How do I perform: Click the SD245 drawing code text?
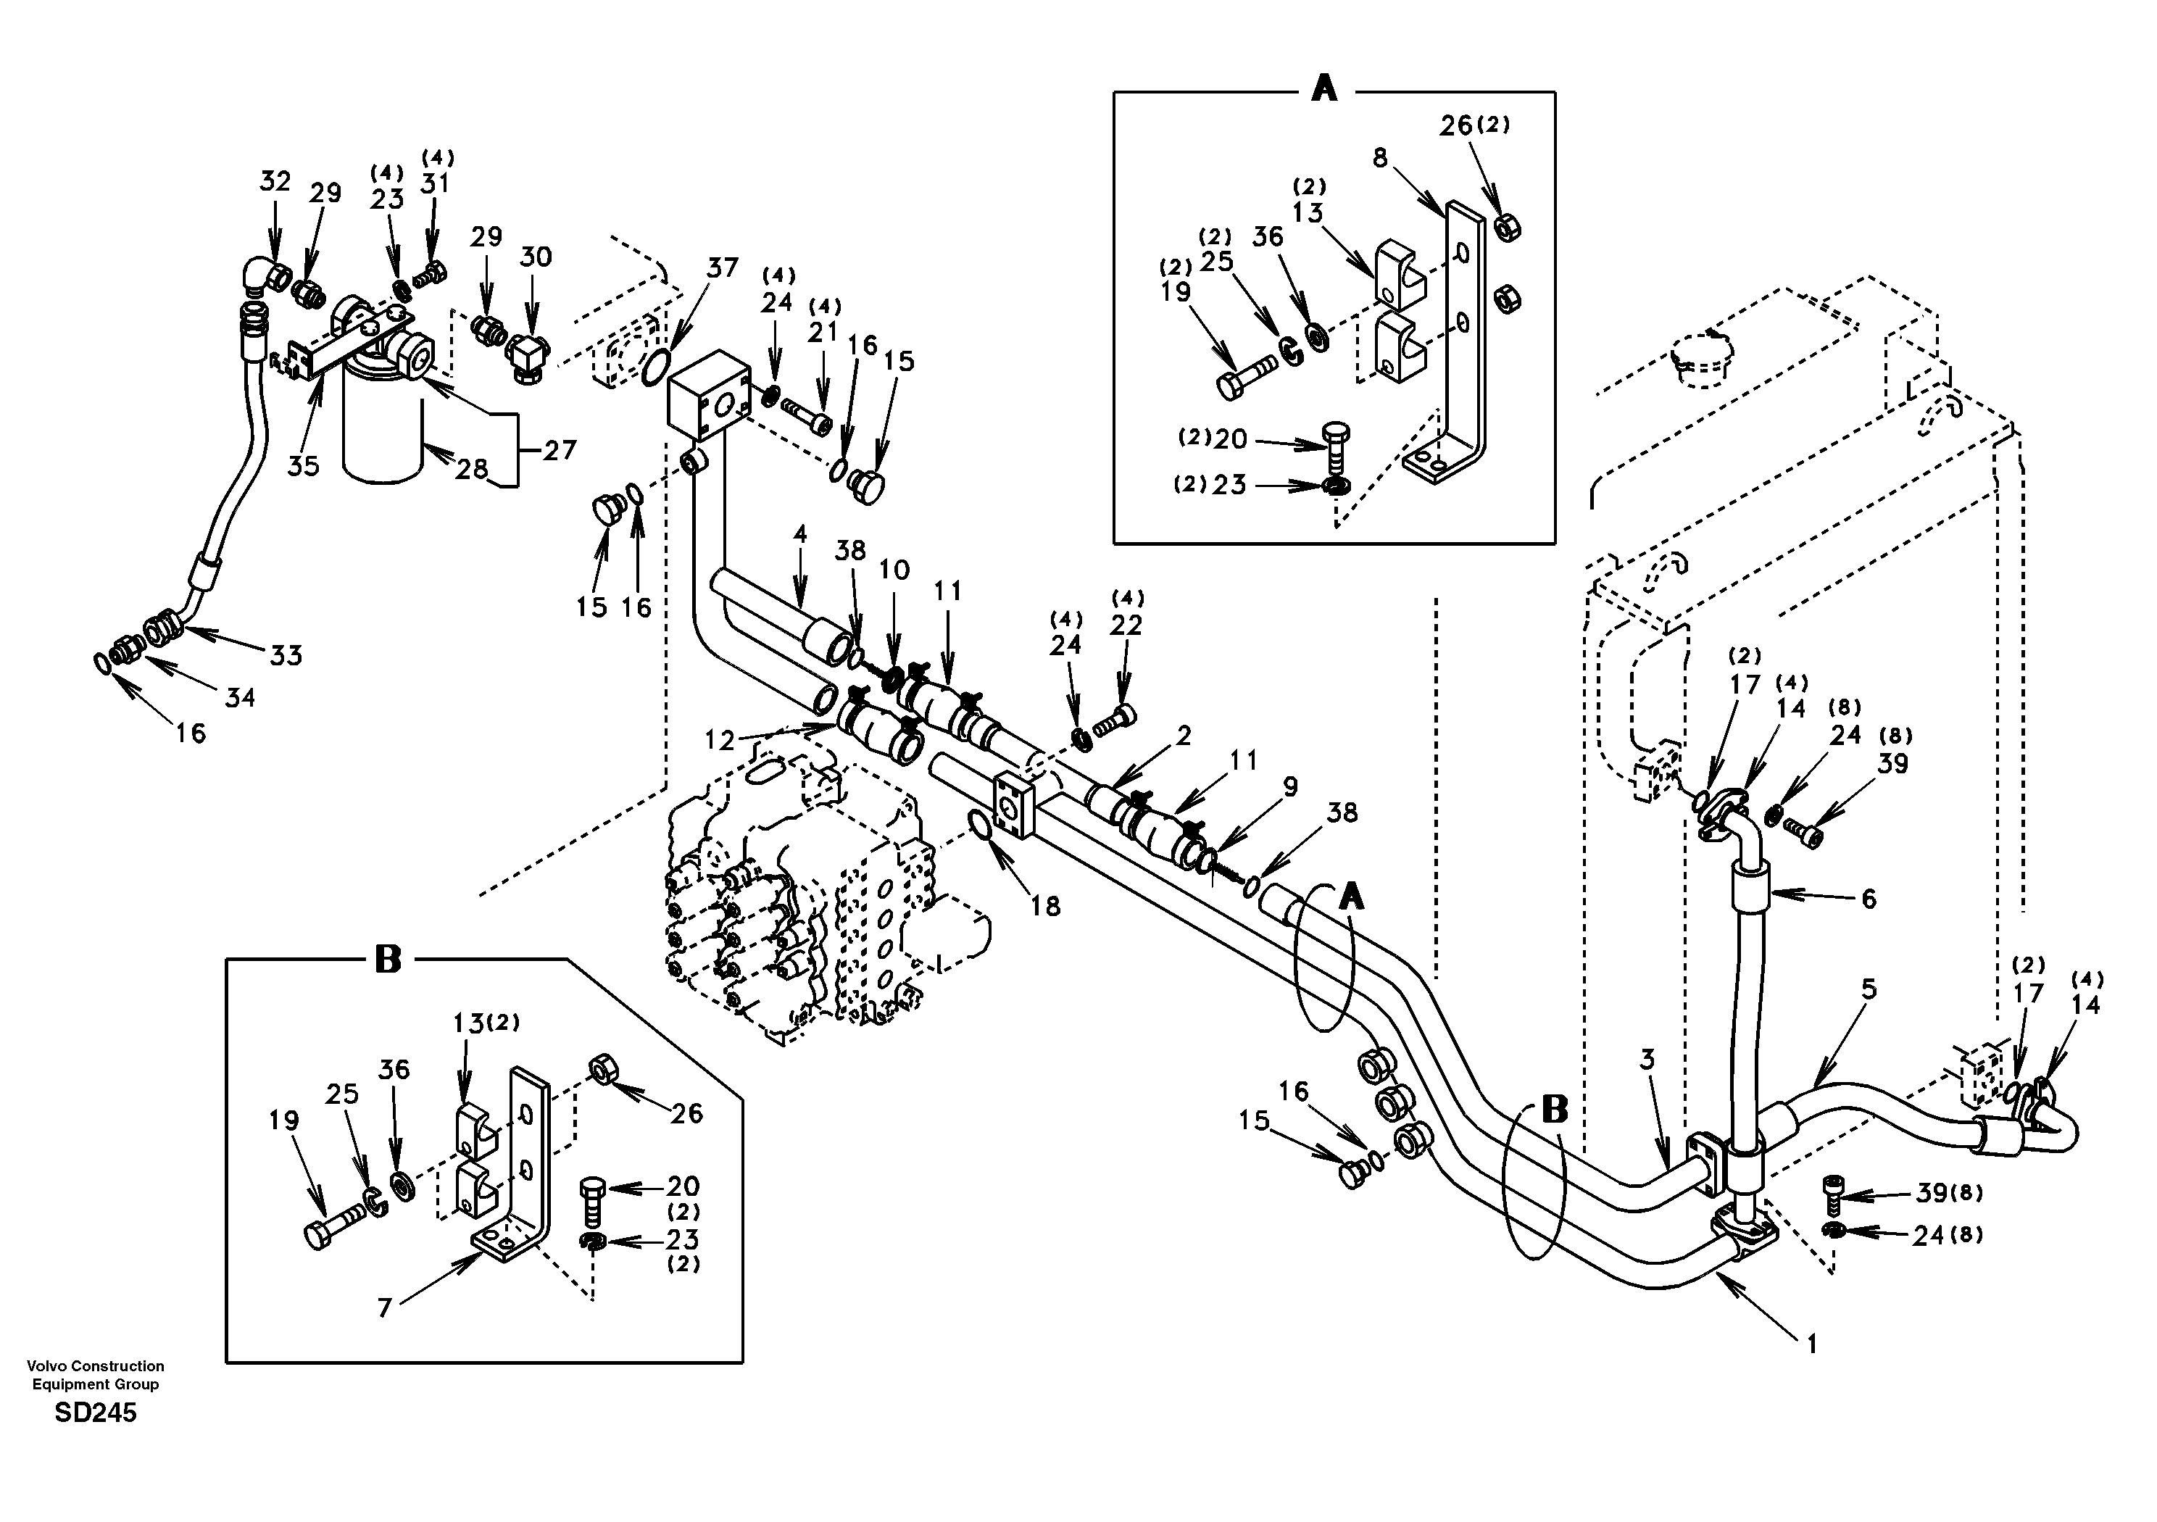tap(96, 1413)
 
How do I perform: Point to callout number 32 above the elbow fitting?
tap(275, 181)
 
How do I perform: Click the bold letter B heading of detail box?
tap(388, 960)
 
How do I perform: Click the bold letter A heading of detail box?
tap(1323, 89)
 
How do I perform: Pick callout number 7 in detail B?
tap(384, 1307)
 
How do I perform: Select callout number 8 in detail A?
tap(1379, 158)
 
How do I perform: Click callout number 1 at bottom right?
tap(1812, 1344)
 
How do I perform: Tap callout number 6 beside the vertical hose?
tap(1869, 899)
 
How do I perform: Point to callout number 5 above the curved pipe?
tap(1868, 989)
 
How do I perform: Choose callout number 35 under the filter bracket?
tap(304, 465)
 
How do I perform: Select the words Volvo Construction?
tap(96, 1366)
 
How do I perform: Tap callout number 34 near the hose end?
tap(240, 697)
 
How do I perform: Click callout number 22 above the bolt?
tap(1126, 625)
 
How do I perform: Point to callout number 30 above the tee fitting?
tap(536, 257)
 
